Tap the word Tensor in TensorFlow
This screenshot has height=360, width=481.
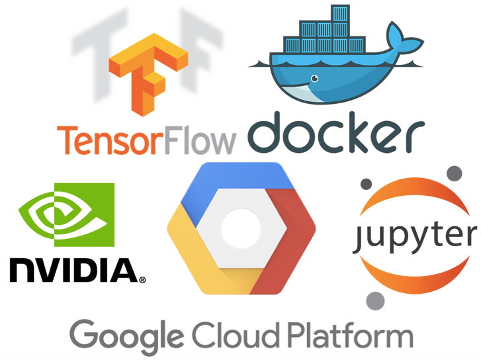[106, 140]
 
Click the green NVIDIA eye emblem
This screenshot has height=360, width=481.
[62, 218]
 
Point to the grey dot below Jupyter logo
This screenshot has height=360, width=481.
[376, 300]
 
